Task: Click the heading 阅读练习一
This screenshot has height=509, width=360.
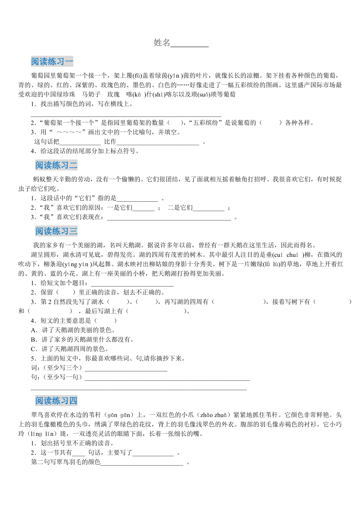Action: [52, 61]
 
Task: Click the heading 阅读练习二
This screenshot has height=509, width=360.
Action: [56, 165]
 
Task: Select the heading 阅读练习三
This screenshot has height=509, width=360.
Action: [56, 231]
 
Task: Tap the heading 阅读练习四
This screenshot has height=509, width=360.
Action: [56, 401]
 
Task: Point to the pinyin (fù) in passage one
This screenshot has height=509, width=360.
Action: [137, 75]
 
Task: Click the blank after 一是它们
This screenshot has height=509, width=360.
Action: [144, 208]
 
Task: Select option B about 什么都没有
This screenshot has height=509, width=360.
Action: [82, 339]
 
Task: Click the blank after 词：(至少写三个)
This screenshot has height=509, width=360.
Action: [126, 368]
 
